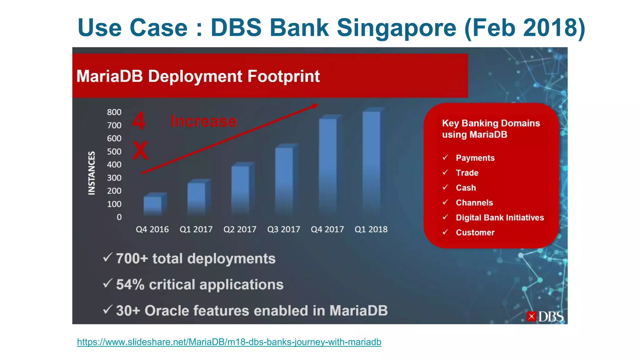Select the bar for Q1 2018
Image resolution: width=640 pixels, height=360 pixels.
tap(372, 162)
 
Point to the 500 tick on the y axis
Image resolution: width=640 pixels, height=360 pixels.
tap(114, 152)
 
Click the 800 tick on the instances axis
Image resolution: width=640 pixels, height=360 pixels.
tap(114, 112)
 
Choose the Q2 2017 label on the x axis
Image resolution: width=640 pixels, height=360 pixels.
tap(240, 229)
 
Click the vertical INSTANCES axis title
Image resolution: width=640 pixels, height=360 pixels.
tap(91, 173)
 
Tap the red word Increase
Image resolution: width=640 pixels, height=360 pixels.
tap(204, 121)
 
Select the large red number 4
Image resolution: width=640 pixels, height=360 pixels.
tap(138, 121)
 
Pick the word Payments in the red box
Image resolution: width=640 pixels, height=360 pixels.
tap(475, 158)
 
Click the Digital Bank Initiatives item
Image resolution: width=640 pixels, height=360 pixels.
tap(500, 217)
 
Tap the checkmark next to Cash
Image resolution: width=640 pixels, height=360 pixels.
tap(445, 187)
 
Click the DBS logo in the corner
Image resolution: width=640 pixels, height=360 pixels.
tap(545, 317)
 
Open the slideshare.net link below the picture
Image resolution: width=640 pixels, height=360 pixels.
tap(229, 342)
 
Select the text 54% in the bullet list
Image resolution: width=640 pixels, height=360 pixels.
tap(130, 285)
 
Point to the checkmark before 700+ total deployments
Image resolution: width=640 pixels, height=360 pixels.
tap(107, 257)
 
